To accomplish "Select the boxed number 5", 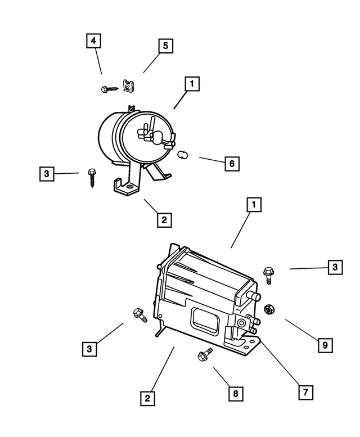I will (165, 46).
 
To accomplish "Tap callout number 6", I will (231, 164).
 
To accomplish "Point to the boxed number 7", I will (305, 392).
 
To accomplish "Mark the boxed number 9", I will (325, 344).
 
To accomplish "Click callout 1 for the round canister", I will (192, 85).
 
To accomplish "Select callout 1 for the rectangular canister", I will (254, 206).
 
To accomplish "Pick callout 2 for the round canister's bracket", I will (164, 219).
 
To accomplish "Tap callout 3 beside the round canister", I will (48, 174).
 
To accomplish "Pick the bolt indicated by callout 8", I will (204, 355).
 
